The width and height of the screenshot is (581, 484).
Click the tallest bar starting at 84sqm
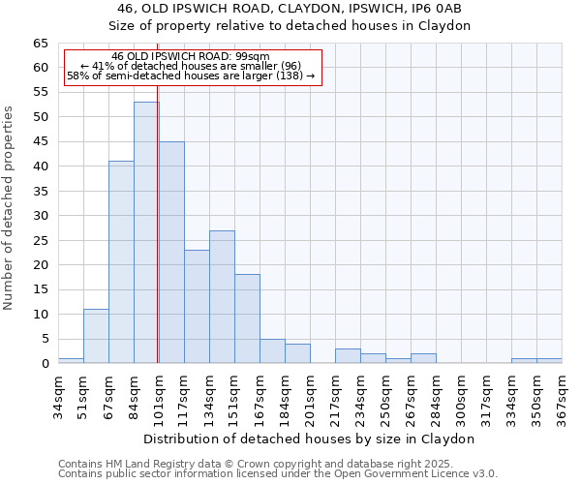coord(146,232)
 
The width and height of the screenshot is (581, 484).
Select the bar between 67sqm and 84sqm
coord(121,261)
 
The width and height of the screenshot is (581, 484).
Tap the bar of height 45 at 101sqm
coord(171,252)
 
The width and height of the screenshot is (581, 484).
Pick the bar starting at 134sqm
coord(222,296)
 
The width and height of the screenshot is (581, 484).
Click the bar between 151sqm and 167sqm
coord(247,318)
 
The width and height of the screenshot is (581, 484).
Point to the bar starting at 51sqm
coord(96,336)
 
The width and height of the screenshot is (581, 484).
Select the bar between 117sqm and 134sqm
coord(197,306)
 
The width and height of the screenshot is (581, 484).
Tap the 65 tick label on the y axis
coord(40,44)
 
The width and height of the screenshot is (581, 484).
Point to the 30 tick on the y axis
coord(40,216)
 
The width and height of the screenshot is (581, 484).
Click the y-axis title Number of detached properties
coord(10,207)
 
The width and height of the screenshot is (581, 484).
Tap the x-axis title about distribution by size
coord(310,439)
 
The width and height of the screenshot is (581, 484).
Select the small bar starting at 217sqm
coord(348,355)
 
